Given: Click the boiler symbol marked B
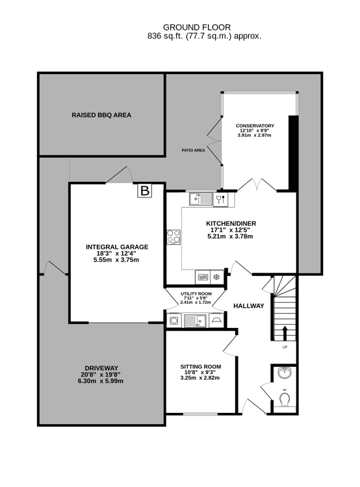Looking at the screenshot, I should [x=145, y=191].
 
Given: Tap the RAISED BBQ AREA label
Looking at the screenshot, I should [x=101, y=115].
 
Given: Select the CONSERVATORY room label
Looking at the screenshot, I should [x=255, y=125].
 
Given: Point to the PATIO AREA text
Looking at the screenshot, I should [x=193, y=150].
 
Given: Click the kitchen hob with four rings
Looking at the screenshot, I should [x=174, y=237].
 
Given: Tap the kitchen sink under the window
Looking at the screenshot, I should [x=201, y=199].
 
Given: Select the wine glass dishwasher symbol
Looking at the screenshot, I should [x=220, y=199].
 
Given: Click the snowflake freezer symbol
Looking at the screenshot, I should [x=216, y=277].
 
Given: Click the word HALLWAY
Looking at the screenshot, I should [x=248, y=306].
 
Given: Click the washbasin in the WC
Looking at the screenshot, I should [x=284, y=373].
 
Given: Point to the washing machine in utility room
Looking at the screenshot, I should [x=174, y=319].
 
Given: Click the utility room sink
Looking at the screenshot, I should [x=195, y=319].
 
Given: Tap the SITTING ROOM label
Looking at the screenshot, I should [x=200, y=367].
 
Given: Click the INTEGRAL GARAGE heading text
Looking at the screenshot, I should [x=117, y=247].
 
